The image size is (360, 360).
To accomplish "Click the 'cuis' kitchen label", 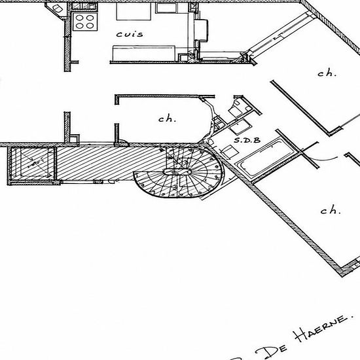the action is click(130, 35).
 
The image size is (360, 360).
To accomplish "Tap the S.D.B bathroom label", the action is click(247, 140).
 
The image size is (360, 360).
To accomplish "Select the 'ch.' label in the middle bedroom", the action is click(168, 118).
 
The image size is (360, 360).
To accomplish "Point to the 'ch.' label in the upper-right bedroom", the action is click(327, 73).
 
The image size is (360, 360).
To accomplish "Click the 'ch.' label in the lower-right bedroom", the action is click(331, 210).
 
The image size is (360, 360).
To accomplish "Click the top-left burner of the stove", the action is click(79, 18).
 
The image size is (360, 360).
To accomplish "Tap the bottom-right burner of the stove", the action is click(90, 26).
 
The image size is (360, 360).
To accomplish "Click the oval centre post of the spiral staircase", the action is click(177, 171).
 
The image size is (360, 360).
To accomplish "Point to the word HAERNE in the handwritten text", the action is click(324, 329).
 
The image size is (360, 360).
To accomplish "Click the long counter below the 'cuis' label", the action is click(144, 53).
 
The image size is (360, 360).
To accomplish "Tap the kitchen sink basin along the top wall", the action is click(166, 8).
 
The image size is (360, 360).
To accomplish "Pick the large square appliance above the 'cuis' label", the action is click(134, 11).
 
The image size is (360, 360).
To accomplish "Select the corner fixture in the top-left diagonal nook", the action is click(57, 9).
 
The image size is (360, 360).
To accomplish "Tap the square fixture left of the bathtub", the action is click(229, 152).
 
